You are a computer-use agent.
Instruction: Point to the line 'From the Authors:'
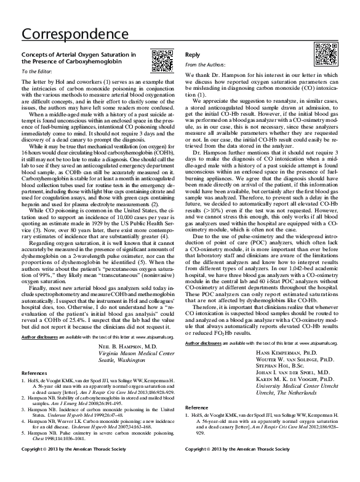pyautogui.click(x=204, y=65)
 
